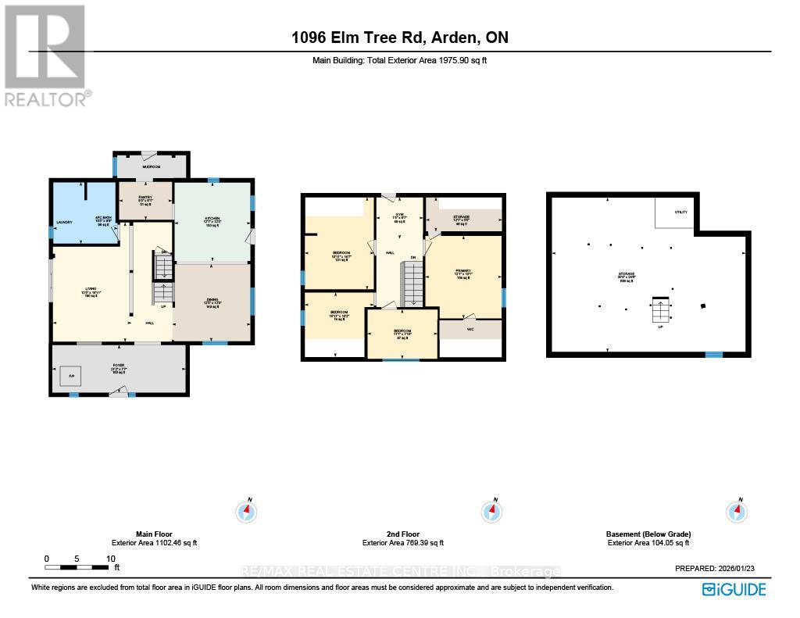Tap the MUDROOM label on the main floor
[151, 167]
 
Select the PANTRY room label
[144, 198]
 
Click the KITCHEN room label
[212, 218]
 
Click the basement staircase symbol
[661, 310]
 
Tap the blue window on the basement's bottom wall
[713, 355]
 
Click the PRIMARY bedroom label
[465, 273]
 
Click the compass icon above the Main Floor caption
[247, 512]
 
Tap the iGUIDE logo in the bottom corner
[734, 589]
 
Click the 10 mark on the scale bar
[111, 559]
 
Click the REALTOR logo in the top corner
[46, 55]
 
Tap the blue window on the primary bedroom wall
[503, 297]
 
